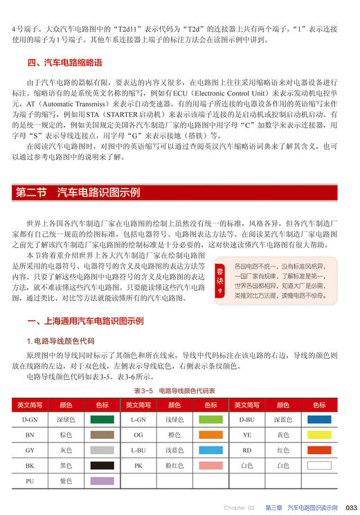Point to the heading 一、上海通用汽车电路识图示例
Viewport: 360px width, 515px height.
click(x=84, y=321)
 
